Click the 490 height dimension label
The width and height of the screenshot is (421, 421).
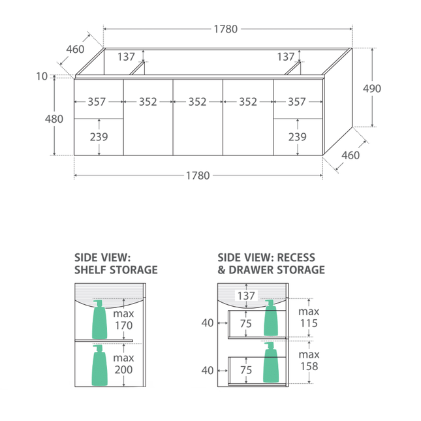pos(372,88)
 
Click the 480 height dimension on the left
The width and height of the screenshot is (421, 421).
pos(54,119)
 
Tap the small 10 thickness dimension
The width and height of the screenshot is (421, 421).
pos(42,76)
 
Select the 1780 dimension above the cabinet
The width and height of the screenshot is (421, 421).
pos(226,29)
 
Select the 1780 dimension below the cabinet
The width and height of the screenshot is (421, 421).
pos(198,176)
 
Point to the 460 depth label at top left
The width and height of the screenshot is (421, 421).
pos(75,50)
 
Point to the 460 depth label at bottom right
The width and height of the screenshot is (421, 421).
pos(351,155)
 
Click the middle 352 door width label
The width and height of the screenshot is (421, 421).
pos(197,102)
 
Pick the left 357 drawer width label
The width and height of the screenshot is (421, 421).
pos(97,102)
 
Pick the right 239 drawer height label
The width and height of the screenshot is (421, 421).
pos(298,137)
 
